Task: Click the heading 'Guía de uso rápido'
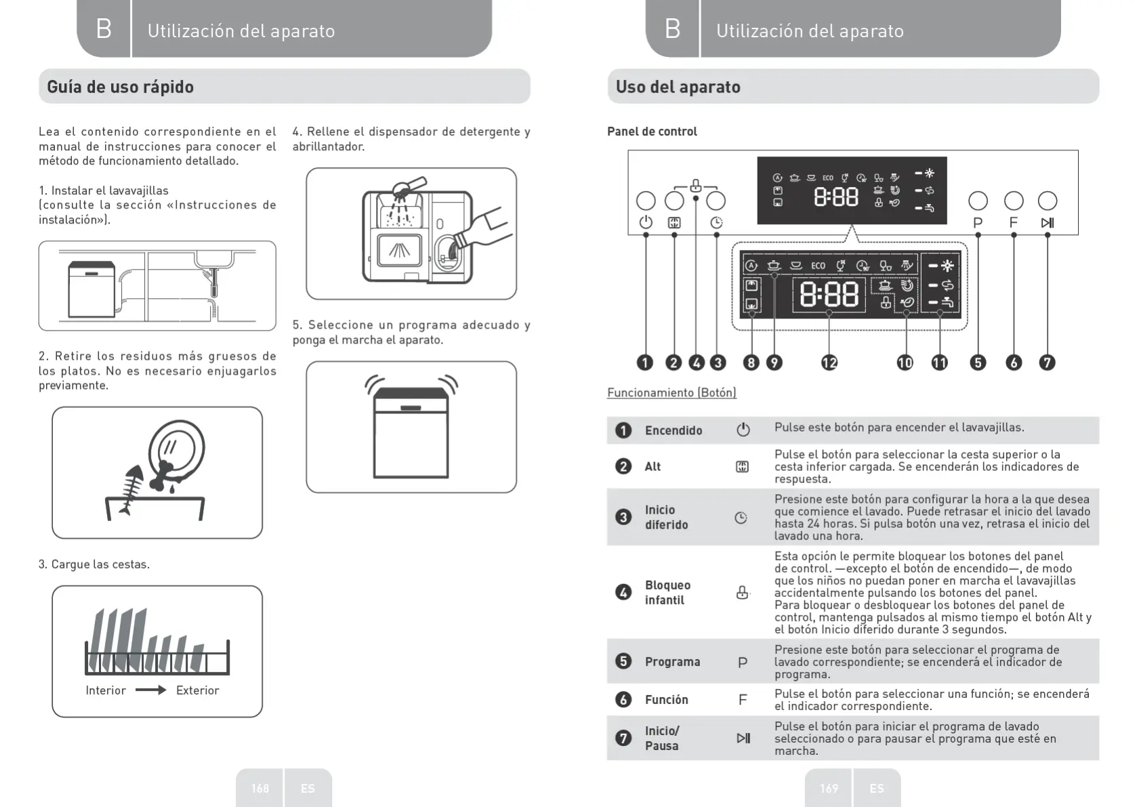(120, 87)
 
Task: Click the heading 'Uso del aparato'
(678, 87)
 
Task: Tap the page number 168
(260, 788)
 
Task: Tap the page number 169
(829, 788)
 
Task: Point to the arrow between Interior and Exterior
(150, 690)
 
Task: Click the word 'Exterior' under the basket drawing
(197, 690)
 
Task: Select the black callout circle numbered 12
(829, 363)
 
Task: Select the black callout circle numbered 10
(905, 363)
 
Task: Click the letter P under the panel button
(978, 223)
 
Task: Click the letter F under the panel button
(1014, 223)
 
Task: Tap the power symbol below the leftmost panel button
(646, 222)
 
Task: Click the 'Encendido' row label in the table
(673, 430)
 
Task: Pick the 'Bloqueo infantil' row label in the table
(667, 592)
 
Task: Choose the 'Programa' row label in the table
(672, 661)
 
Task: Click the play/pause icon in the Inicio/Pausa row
(743, 738)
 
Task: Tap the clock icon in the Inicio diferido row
(741, 518)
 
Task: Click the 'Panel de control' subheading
(652, 131)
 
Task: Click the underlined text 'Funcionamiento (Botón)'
(671, 392)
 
